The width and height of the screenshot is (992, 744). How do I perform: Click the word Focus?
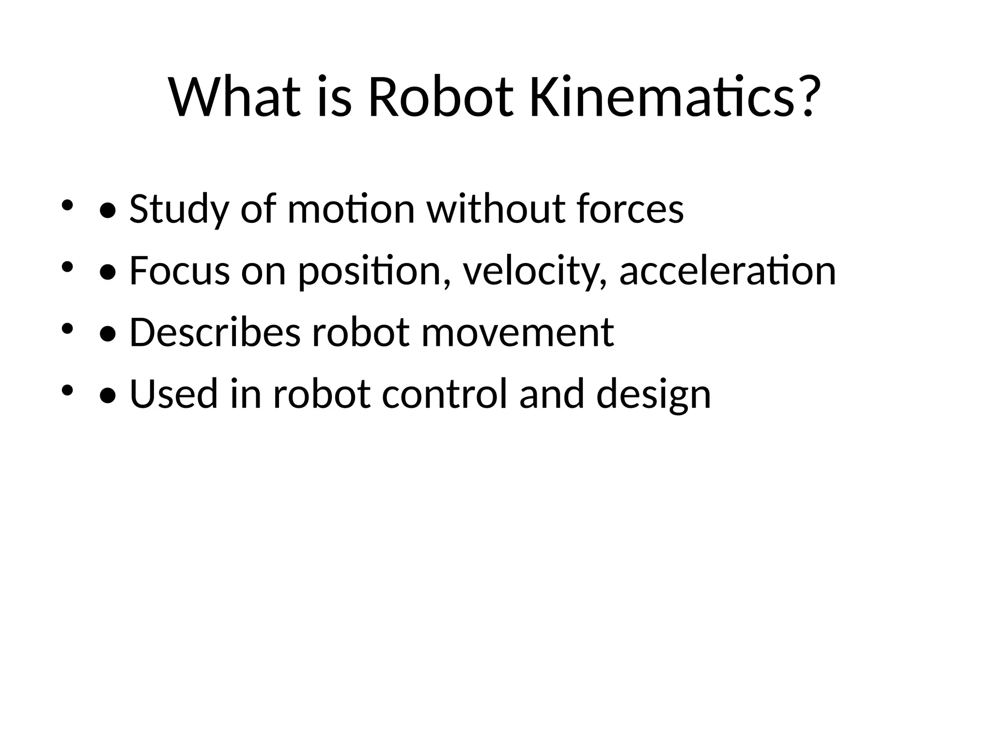pyautogui.click(x=179, y=271)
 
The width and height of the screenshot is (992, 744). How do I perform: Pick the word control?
pyautogui.click(x=445, y=394)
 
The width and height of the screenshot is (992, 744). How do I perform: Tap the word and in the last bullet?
pyautogui.click(x=552, y=394)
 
